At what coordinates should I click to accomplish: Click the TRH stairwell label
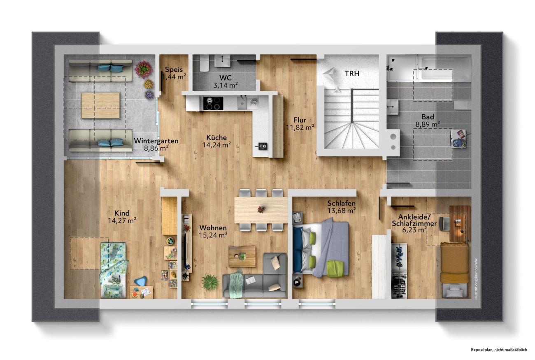click(x=352, y=74)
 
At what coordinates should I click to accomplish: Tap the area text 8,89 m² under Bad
click(x=428, y=124)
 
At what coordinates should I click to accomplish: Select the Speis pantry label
click(x=174, y=70)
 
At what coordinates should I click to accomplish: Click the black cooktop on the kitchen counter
click(x=213, y=104)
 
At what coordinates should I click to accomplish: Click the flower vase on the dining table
click(x=261, y=209)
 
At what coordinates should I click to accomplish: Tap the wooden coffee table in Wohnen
click(x=242, y=256)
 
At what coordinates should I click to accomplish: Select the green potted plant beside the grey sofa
click(x=210, y=282)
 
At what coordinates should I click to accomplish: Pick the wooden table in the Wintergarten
click(x=100, y=105)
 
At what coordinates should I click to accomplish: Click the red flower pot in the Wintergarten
click(x=143, y=70)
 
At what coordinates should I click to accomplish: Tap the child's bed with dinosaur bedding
click(x=113, y=270)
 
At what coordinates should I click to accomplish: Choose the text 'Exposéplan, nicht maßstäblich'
click(x=499, y=350)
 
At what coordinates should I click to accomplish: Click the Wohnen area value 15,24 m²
click(x=213, y=235)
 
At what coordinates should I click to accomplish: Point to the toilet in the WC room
click(x=205, y=63)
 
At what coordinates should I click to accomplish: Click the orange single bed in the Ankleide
click(x=454, y=270)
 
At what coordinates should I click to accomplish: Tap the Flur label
click(x=300, y=120)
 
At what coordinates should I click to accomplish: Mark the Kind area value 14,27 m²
click(x=122, y=221)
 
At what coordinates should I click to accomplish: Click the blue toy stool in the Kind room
click(x=141, y=281)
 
